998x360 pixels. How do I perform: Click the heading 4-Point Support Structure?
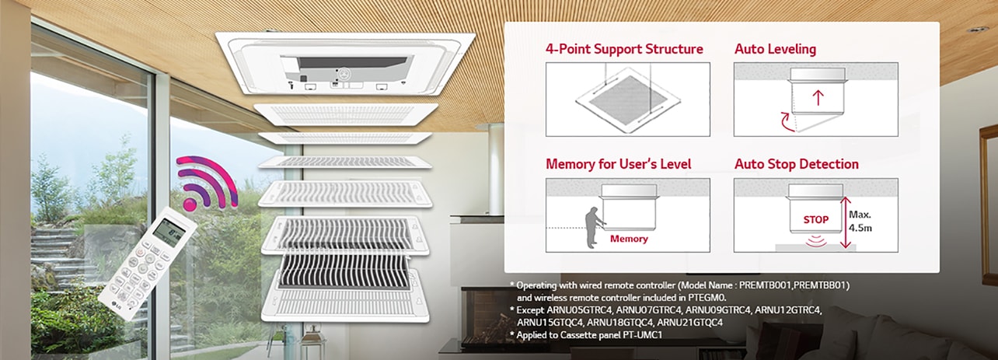click(x=624, y=49)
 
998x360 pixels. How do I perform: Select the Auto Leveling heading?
click(x=775, y=49)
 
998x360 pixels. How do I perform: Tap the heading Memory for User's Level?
click(x=618, y=164)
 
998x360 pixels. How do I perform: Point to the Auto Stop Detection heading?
click(x=796, y=164)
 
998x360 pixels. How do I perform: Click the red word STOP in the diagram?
click(x=815, y=220)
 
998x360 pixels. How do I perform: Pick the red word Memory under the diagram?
click(x=629, y=239)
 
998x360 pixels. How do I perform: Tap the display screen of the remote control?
click(x=170, y=229)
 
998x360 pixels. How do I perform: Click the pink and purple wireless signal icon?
click(x=205, y=182)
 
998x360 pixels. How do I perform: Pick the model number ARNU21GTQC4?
click(x=689, y=322)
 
